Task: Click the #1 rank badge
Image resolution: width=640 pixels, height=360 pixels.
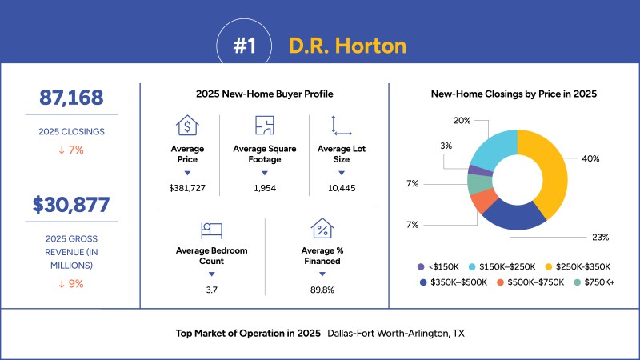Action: click(x=244, y=46)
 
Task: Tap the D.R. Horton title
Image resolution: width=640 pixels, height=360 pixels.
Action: click(x=347, y=46)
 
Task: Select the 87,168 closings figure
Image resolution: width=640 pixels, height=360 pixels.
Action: click(x=71, y=98)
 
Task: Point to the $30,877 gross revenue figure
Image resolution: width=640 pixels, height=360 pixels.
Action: click(x=71, y=205)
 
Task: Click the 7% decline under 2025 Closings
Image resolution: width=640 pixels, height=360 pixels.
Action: click(x=71, y=150)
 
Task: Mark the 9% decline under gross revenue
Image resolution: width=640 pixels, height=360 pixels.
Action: click(x=71, y=284)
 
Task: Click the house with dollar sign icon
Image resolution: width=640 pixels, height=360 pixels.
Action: click(x=187, y=125)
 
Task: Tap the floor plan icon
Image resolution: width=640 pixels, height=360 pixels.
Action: click(x=265, y=125)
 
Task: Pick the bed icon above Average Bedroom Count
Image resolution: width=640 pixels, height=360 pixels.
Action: click(x=211, y=230)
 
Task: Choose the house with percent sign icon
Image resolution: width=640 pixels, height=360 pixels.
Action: click(x=322, y=228)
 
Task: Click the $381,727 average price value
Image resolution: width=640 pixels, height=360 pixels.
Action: click(x=187, y=188)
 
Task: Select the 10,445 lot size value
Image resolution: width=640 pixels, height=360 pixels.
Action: click(x=342, y=188)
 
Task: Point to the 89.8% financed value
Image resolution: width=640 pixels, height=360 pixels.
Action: click(x=322, y=290)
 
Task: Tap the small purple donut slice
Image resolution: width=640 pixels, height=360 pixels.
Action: click(x=480, y=171)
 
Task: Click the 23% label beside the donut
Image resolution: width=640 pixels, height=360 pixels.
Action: click(x=601, y=237)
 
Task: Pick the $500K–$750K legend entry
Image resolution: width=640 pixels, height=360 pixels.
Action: click(x=530, y=282)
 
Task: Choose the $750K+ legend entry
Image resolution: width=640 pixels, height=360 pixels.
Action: click(x=594, y=282)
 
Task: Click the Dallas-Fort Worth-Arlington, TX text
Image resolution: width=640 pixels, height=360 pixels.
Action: click(x=396, y=334)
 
